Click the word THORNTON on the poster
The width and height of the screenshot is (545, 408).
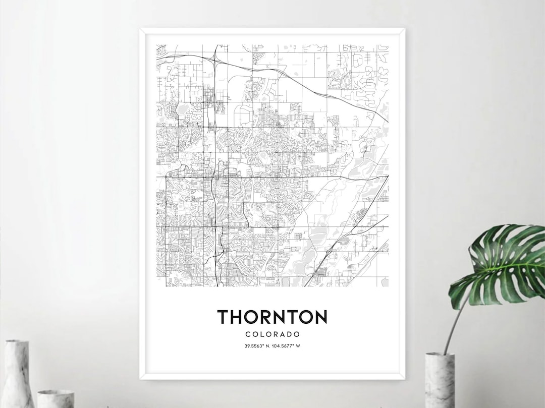tap(272, 317)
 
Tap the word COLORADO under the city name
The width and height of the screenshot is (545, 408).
tap(272, 334)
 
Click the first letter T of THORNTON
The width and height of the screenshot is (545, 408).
tap(224, 317)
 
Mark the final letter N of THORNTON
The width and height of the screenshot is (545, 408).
tap(320, 317)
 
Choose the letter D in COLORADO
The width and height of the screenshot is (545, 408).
tap(290, 334)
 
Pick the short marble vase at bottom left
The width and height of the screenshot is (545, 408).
tap(56, 398)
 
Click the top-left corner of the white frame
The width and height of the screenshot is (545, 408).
tap(141, 29)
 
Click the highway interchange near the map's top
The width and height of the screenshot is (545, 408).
tap(215, 61)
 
